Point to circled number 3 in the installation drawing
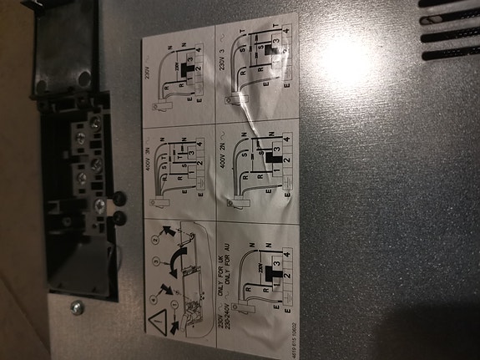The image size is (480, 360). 155,262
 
